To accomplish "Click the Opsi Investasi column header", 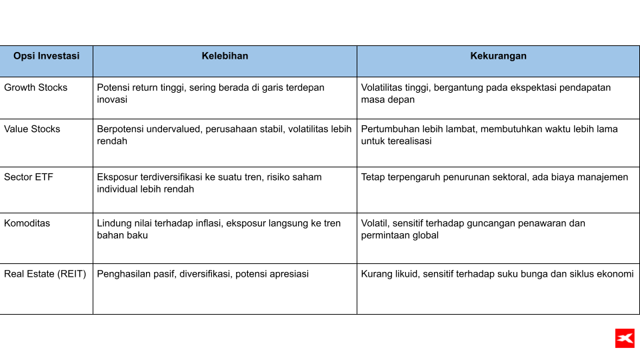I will click(46, 56).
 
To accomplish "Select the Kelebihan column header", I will click(225, 56).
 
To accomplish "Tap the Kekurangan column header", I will click(498, 56).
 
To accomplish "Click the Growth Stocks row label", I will click(36, 87).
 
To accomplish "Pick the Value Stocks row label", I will click(32, 129).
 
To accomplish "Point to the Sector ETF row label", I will click(28, 177).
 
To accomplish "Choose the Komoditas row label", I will click(27, 223).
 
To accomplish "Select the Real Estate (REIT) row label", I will click(45, 273).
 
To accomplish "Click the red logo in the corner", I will click(625, 338).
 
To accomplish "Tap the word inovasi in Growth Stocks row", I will click(112, 99).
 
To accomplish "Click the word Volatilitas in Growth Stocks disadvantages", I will click(384, 87).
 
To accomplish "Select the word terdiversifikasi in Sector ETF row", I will click(180, 177).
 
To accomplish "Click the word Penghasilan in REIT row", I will click(123, 273).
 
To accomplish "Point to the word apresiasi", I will click(287, 273).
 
